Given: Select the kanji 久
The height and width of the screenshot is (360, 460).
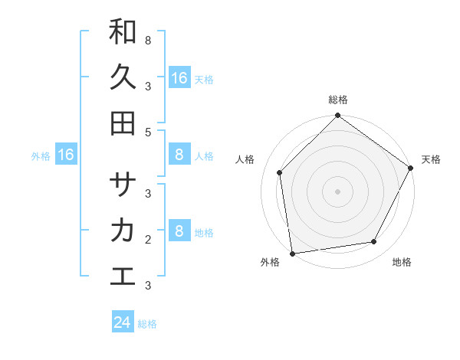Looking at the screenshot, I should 123,77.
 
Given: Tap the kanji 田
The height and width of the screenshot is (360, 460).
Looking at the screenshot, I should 123,123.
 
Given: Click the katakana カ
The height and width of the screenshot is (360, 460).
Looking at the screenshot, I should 123,231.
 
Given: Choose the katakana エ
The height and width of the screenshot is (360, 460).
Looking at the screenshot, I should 123,276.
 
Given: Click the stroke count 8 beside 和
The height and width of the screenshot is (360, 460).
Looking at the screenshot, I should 147,40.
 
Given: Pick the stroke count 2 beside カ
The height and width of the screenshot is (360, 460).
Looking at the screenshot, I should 147,239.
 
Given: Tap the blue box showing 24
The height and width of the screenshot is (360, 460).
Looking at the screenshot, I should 123,322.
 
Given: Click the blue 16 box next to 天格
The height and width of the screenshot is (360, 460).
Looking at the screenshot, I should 179,78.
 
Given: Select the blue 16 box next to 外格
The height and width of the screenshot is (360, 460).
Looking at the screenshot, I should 66,155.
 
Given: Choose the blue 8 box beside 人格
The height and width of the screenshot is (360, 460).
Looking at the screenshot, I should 179,155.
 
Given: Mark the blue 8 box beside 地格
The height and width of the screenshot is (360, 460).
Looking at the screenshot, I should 179,231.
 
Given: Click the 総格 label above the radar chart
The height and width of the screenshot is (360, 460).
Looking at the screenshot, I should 337,100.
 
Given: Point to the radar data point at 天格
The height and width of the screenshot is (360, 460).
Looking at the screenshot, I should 410,168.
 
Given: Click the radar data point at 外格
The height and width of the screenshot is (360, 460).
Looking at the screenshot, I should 292,253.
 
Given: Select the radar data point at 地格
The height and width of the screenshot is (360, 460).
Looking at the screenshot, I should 374,242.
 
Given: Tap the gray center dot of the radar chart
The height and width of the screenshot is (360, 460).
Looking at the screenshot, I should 337,191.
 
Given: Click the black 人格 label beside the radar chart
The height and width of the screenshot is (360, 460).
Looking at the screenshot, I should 245,159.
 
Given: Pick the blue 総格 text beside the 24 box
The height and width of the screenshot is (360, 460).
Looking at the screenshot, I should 147,324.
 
